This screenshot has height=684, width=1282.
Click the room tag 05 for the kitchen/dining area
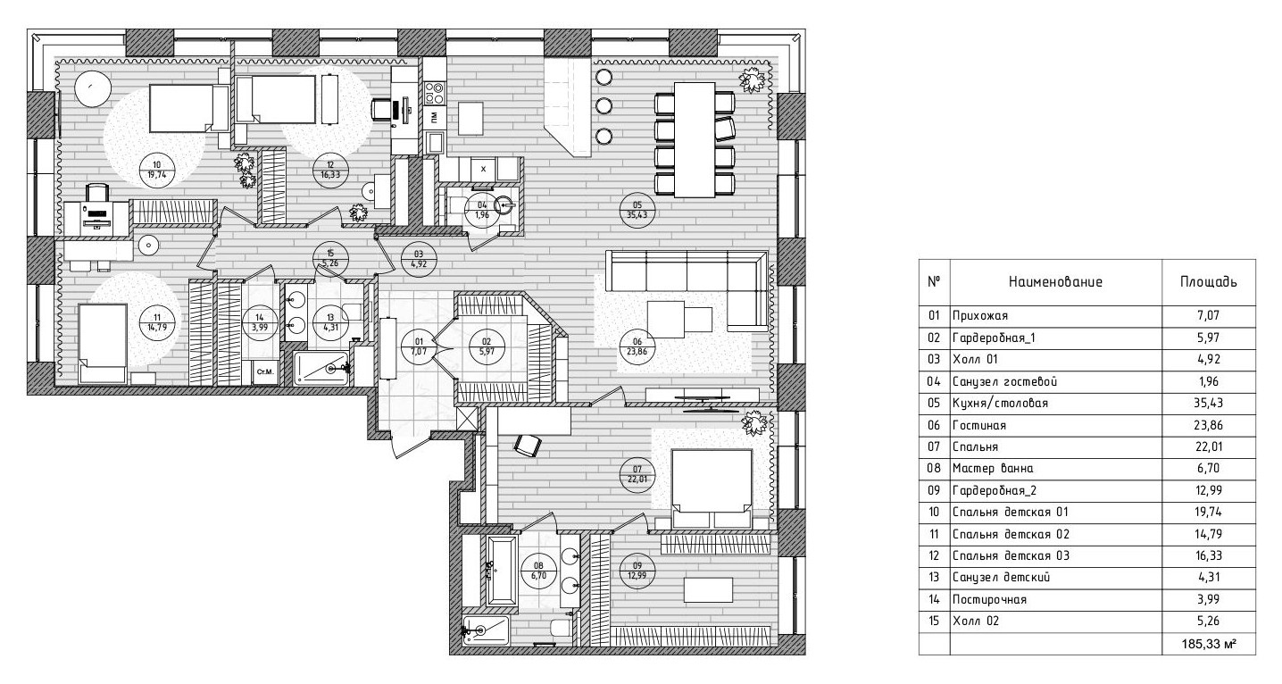[637, 210]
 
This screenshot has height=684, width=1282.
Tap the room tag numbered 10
[157, 170]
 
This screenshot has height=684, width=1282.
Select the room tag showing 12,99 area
[637, 571]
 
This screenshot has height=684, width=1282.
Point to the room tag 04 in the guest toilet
[482, 210]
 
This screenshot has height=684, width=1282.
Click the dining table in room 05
[695, 139]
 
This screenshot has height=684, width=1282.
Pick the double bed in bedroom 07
[712, 488]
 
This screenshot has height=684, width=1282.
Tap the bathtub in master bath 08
[502, 571]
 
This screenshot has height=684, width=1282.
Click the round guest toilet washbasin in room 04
[504, 204]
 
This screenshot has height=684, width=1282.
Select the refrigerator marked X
[483, 169]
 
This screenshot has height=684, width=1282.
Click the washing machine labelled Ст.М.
[265, 372]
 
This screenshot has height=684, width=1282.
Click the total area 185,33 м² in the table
[1208, 644]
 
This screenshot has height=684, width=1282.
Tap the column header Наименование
[1054, 281]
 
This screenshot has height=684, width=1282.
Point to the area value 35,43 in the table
[1208, 403]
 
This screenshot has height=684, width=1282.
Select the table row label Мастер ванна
[993, 469]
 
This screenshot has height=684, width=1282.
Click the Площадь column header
[1208, 281]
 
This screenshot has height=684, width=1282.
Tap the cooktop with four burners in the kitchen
[435, 94]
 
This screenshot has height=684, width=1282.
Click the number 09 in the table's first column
[934, 490]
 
